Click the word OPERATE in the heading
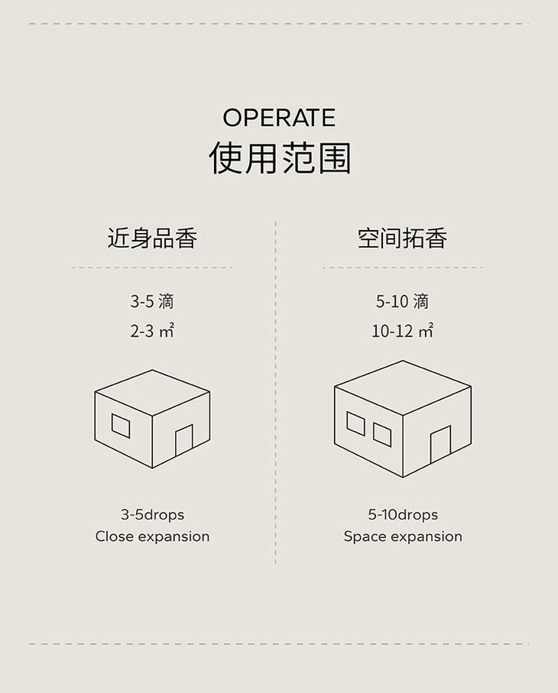(x=279, y=118)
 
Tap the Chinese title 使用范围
(x=279, y=158)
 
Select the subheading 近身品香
(x=152, y=238)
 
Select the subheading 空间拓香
(x=402, y=238)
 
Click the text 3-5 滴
(x=152, y=302)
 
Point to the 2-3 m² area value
(x=152, y=332)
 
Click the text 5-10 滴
(x=402, y=302)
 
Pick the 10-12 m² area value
(x=402, y=332)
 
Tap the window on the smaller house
(x=121, y=426)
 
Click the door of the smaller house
(x=183, y=442)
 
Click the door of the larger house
(x=440, y=445)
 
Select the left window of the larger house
(x=355, y=423)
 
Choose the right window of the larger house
(x=382, y=434)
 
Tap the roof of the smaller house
(x=152, y=393)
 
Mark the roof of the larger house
(x=403, y=387)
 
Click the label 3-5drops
(x=152, y=514)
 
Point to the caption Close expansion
(x=152, y=536)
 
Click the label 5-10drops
(x=403, y=514)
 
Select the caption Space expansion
(x=403, y=536)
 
